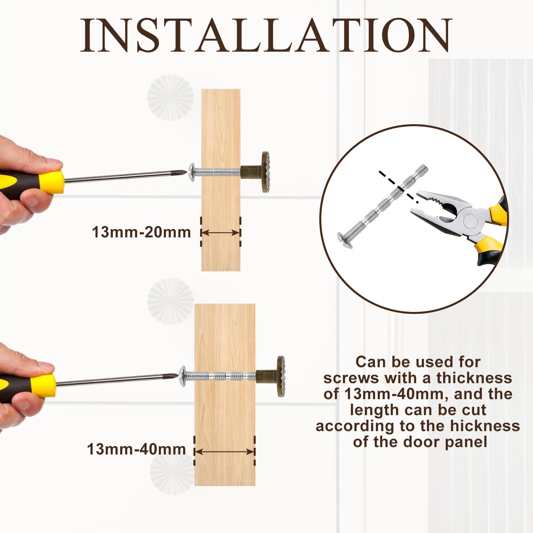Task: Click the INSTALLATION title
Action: click(266, 36)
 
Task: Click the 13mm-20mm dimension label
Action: click(141, 232)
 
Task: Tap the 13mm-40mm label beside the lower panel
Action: click(136, 449)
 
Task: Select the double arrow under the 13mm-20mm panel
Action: click(221, 232)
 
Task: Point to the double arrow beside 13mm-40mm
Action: click(225, 452)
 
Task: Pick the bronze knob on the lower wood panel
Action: click(271, 377)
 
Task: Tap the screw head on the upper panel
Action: click(192, 172)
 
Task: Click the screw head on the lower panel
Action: click(182, 376)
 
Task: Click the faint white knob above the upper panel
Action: click(170, 97)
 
